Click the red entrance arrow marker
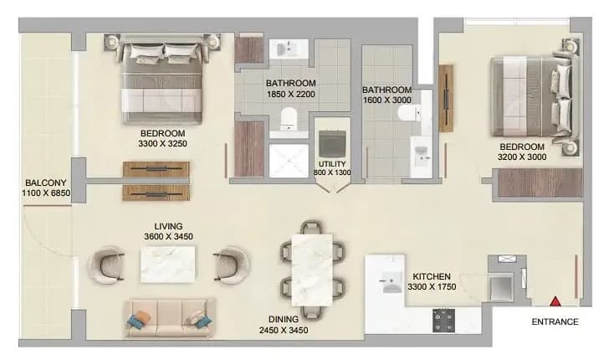pos(555,301)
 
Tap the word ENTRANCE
pos(555,321)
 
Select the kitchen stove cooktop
pos(444,321)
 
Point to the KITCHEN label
pos(432,277)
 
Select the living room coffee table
pos(168,265)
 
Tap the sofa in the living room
pos(169,317)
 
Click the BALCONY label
pos(46,183)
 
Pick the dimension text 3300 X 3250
pos(163,144)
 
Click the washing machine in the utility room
pos(332,143)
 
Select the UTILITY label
pos(332,164)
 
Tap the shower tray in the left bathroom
pos(289,161)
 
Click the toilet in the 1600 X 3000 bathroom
pos(409,113)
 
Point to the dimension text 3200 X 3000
pos(522,157)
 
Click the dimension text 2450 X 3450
pos(284,331)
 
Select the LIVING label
pos(168,226)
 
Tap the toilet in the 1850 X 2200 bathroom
pos(289,118)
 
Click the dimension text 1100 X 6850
pos(46,193)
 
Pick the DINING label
pos(284,320)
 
